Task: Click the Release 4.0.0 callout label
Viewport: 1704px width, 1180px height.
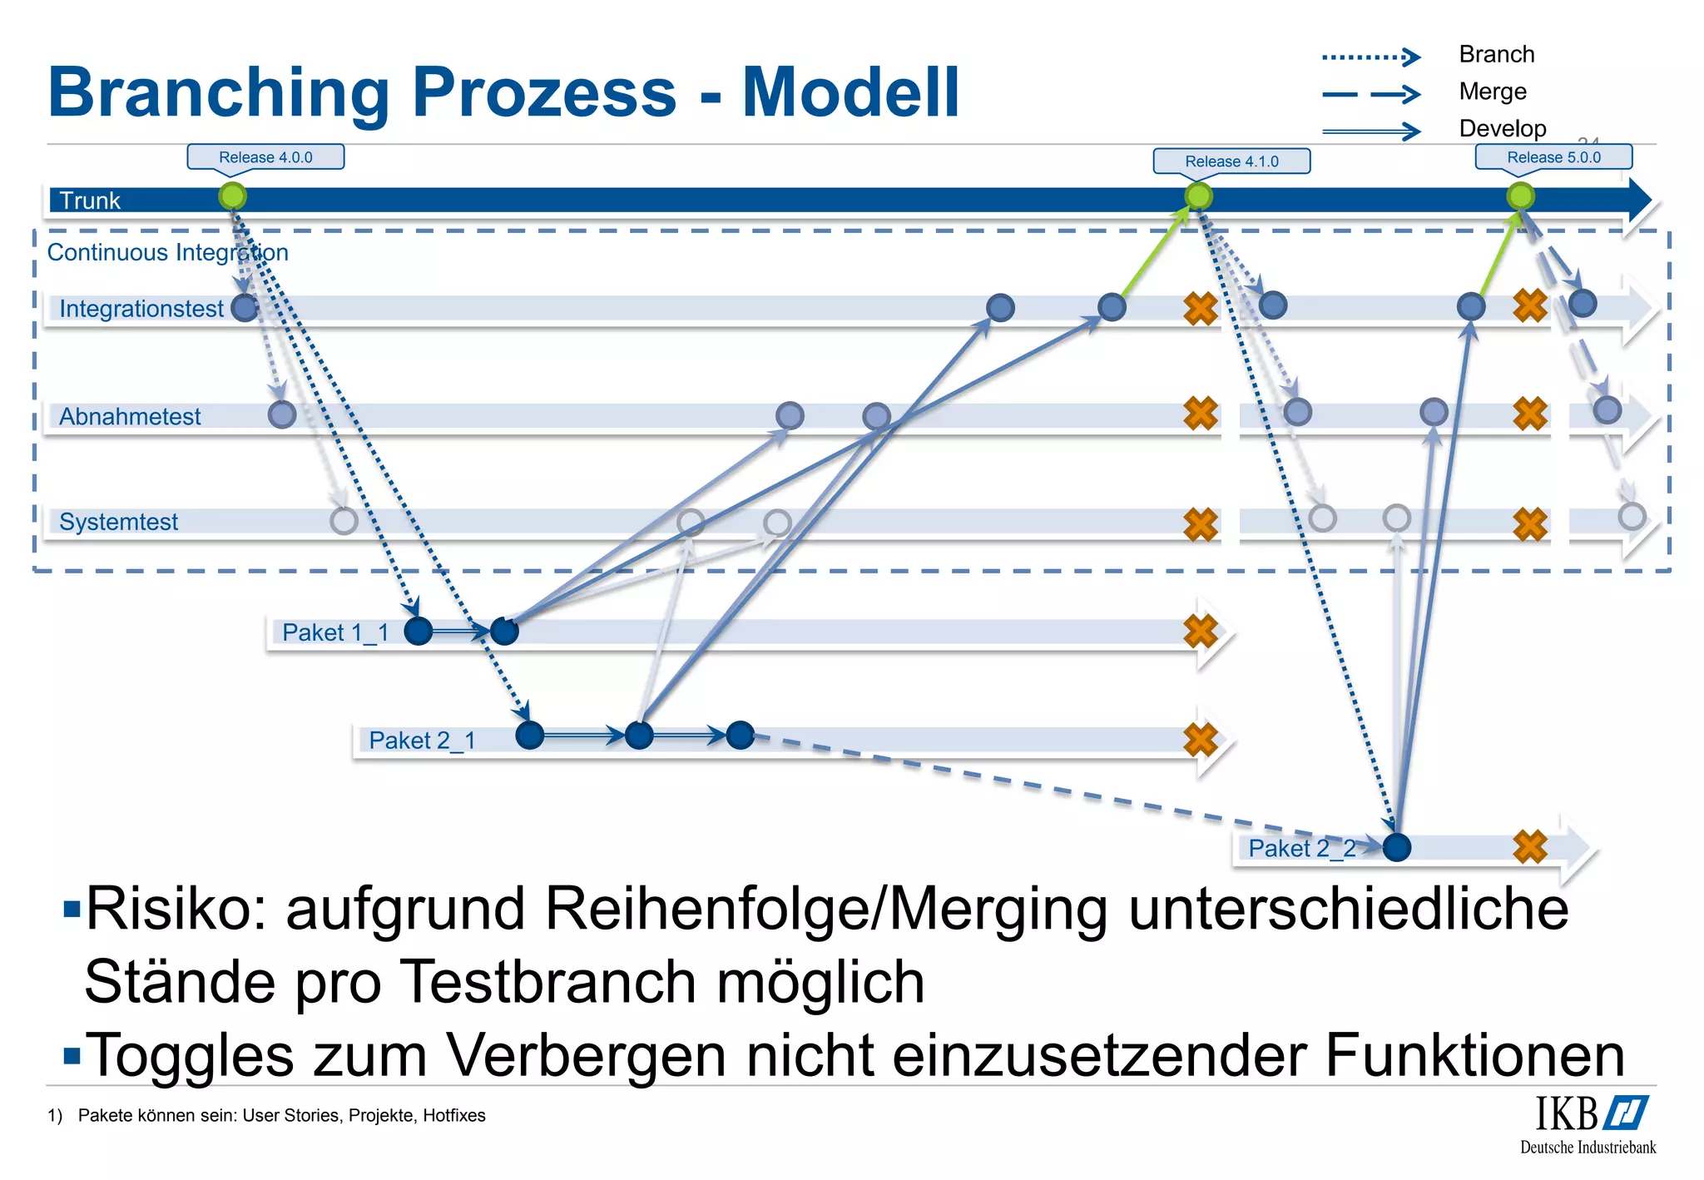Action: pyautogui.click(x=265, y=157)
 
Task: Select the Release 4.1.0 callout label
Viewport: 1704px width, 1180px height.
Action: pyautogui.click(x=1231, y=161)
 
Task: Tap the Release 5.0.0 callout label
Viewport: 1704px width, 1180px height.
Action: pyautogui.click(x=1553, y=157)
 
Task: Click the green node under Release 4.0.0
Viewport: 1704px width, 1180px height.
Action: pyautogui.click(x=233, y=196)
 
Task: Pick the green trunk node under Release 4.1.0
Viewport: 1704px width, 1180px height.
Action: pyautogui.click(x=1198, y=196)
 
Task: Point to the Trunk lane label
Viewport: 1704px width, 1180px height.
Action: pyautogui.click(x=90, y=201)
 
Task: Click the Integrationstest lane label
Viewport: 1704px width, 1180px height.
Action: pyautogui.click(x=141, y=309)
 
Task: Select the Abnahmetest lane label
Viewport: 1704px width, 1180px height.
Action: pyautogui.click(x=130, y=416)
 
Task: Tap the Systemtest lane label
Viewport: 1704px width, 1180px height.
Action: pyautogui.click(x=118, y=522)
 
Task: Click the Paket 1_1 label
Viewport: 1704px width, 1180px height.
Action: pyautogui.click(x=335, y=632)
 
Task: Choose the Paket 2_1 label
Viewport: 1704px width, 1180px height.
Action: pyautogui.click(x=422, y=740)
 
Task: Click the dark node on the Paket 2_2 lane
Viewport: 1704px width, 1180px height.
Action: pyautogui.click(x=1396, y=847)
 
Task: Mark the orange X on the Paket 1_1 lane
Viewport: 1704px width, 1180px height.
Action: pyautogui.click(x=1201, y=632)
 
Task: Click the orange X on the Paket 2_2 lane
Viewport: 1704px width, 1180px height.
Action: pyautogui.click(x=1530, y=847)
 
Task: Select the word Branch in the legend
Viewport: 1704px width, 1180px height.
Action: pyautogui.click(x=1496, y=54)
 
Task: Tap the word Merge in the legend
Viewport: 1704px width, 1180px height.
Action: pyautogui.click(x=1493, y=92)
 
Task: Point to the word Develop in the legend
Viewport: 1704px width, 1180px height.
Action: pyautogui.click(x=1502, y=128)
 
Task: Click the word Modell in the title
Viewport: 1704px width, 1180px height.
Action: pyautogui.click(x=850, y=92)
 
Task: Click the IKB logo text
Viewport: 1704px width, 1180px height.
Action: pyautogui.click(x=1567, y=1113)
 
